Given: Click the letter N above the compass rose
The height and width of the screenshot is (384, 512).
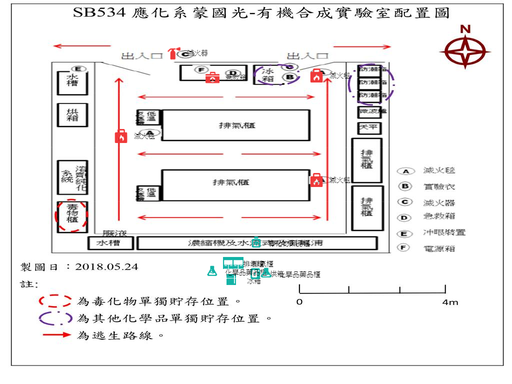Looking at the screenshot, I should (465, 29).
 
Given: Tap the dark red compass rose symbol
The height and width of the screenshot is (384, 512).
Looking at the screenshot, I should (465, 51).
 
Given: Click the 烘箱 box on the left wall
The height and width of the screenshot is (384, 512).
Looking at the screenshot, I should (72, 114).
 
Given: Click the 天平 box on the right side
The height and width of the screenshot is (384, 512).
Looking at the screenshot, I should (369, 128).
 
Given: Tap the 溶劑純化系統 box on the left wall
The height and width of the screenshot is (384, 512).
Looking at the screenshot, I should (72, 176).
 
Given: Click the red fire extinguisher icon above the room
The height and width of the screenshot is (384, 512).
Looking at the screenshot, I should (173, 53).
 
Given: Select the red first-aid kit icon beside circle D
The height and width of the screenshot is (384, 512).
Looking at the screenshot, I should (212, 77).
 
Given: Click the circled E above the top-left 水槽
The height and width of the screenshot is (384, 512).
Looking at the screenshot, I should (78, 68).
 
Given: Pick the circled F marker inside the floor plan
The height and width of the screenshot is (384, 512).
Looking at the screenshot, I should (200, 69).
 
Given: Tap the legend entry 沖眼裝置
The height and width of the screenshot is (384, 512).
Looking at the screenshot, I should (444, 232).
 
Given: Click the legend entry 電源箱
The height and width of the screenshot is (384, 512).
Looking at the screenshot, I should (439, 248).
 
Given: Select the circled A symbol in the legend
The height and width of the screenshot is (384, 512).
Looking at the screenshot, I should (405, 171).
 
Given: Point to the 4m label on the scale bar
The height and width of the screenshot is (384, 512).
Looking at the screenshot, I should (449, 302).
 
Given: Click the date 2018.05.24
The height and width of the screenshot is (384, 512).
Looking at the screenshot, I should (106, 267).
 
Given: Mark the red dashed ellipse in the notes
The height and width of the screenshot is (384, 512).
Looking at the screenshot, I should (55, 301).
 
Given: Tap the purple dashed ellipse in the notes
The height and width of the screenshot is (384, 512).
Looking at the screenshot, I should (55, 318).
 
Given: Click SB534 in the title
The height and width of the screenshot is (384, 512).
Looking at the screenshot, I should (99, 13).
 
